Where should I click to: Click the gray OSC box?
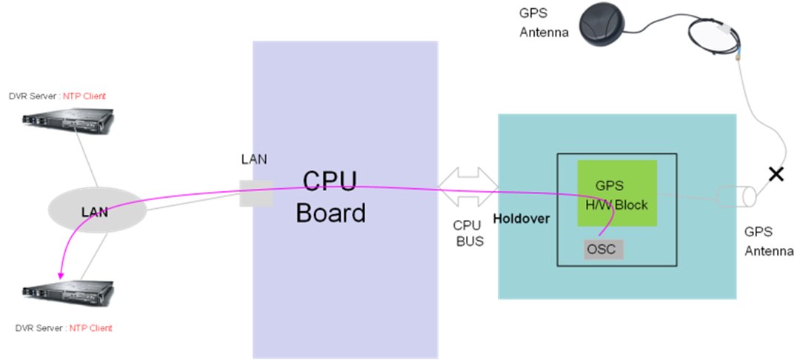[x=601, y=249]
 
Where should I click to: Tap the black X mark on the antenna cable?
[x=776, y=175]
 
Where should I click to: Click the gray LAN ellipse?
[x=94, y=212]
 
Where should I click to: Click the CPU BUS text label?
[x=468, y=233]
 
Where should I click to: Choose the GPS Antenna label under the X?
[x=767, y=241]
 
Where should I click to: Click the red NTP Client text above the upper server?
[x=84, y=96]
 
